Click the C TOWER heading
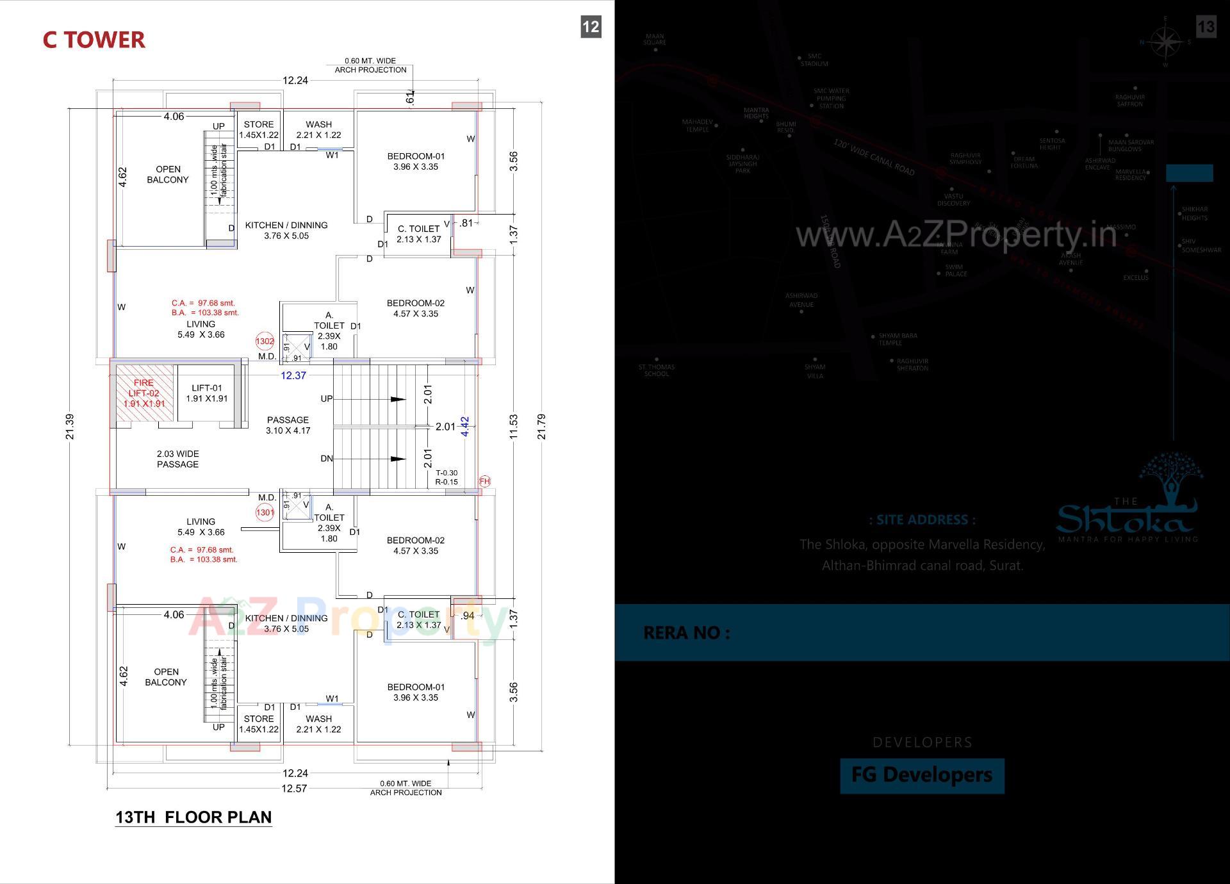pyautogui.click(x=94, y=40)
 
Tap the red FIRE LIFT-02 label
pyautogui.click(x=144, y=393)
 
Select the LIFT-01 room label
pyautogui.click(x=207, y=393)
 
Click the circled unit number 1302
pyautogui.click(x=265, y=341)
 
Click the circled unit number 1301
pyautogui.click(x=265, y=512)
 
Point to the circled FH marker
pyautogui.click(x=485, y=481)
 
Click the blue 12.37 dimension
pyautogui.click(x=293, y=376)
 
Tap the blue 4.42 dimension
pyautogui.click(x=466, y=427)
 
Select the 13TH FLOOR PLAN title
pyautogui.click(x=193, y=817)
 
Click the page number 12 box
pyautogui.click(x=591, y=27)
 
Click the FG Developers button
pyautogui.click(x=922, y=775)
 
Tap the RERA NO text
pyautogui.click(x=686, y=633)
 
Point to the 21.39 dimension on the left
pyautogui.click(x=70, y=427)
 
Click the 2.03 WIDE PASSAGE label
pyautogui.click(x=177, y=459)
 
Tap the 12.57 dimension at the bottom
pyautogui.click(x=294, y=789)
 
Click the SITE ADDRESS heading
pyautogui.click(x=922, y=520)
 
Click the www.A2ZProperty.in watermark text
pyautogui.click(x=956, y=235)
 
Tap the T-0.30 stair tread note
pyautogui.click(x=447, y=473)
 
